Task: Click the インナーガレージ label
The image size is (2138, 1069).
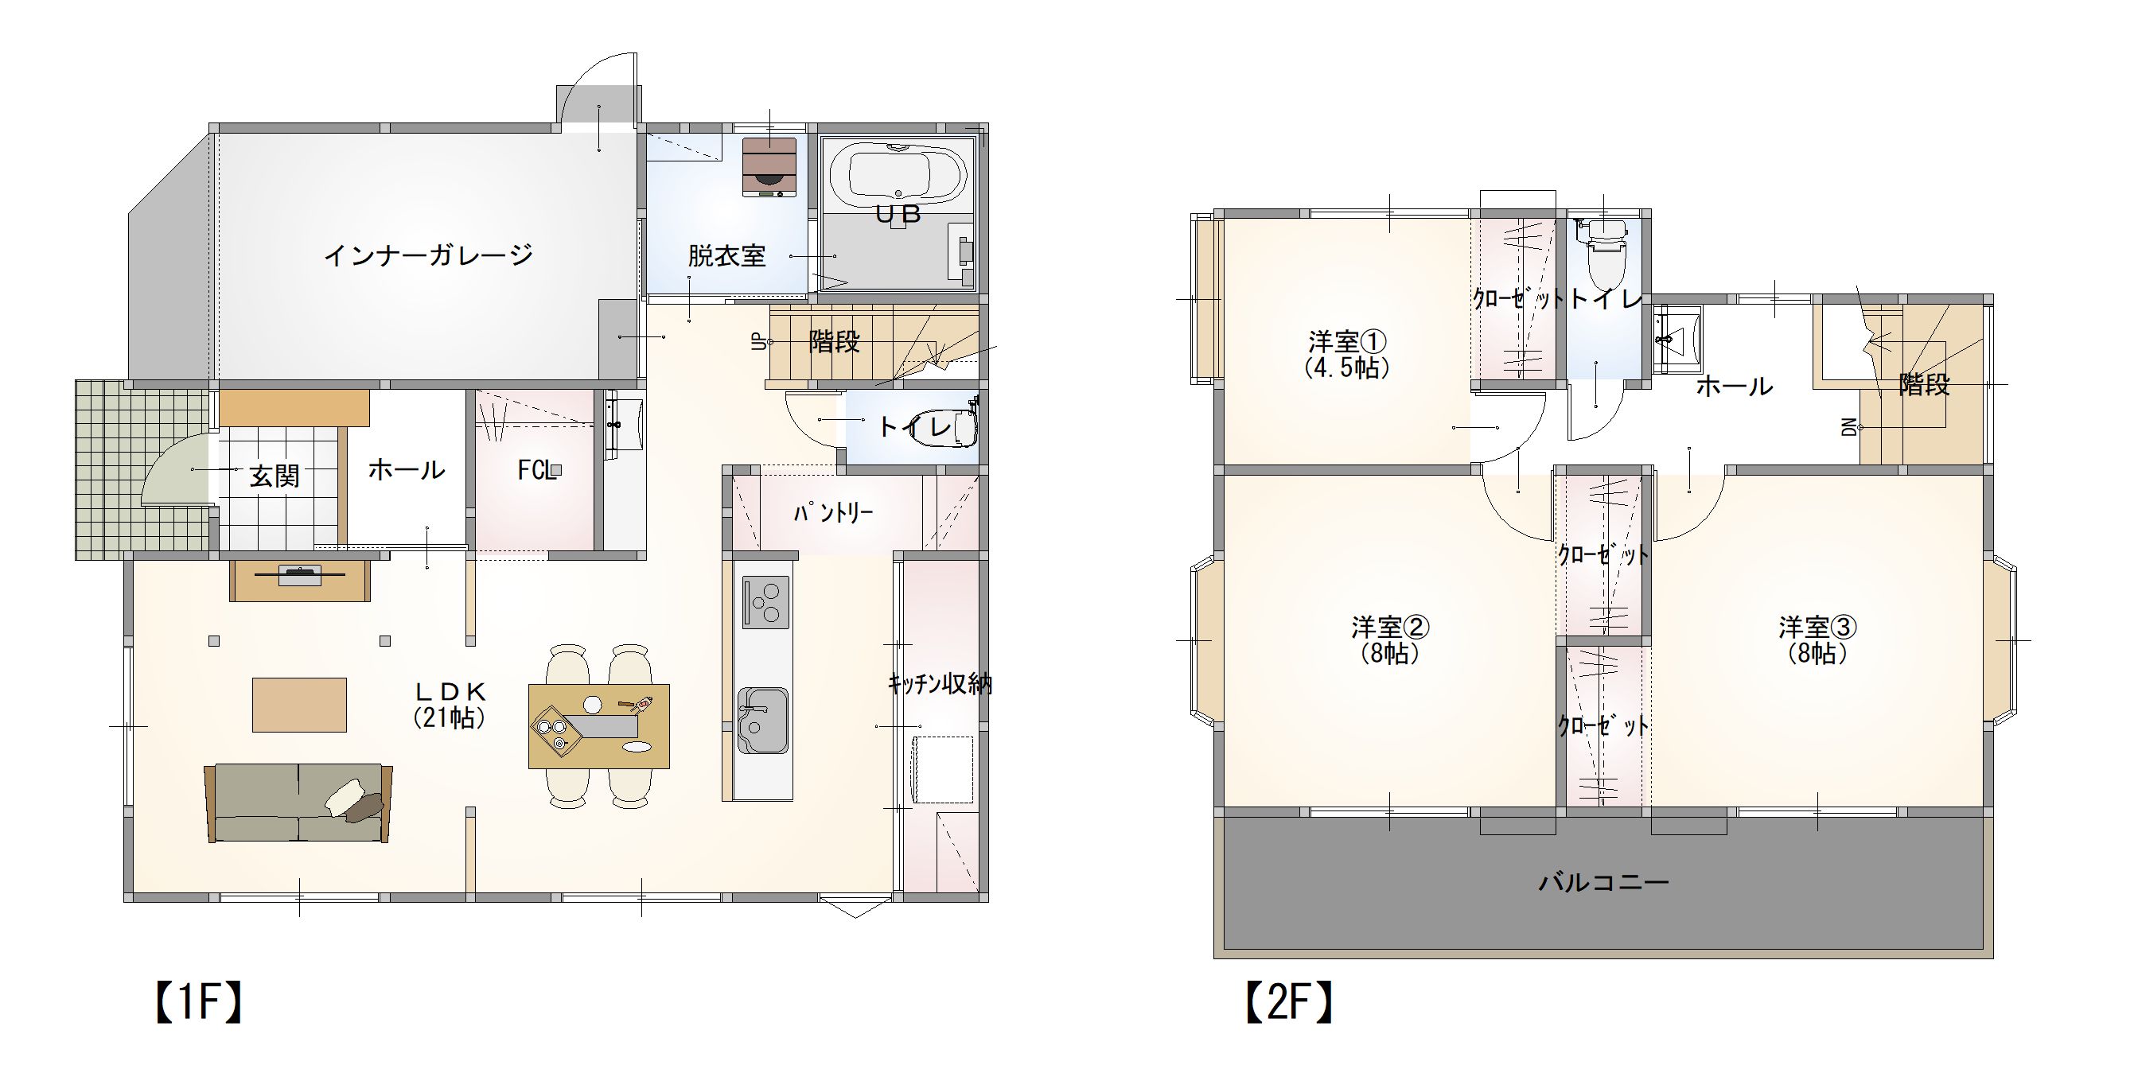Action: [x=428, y=255]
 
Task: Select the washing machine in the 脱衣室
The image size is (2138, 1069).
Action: [x=769, y=168]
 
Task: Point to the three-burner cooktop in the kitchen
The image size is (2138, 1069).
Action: [x=765, y=601]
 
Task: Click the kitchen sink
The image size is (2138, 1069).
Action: [x=763, y=721]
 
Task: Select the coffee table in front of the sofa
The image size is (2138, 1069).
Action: [x=299, y=705]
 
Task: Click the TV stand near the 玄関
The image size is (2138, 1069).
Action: [x=300, y=580]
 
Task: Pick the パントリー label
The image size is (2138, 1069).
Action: [x=832, y=513]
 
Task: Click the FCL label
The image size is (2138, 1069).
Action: [x=537, y=471]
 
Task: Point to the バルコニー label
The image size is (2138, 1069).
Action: [x=1603, y=881]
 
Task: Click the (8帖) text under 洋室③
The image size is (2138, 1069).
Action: [x=1817, y=654]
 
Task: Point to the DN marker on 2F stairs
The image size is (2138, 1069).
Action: [x=1848, y=427]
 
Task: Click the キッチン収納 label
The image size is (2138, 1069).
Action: [x=940, y=684]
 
